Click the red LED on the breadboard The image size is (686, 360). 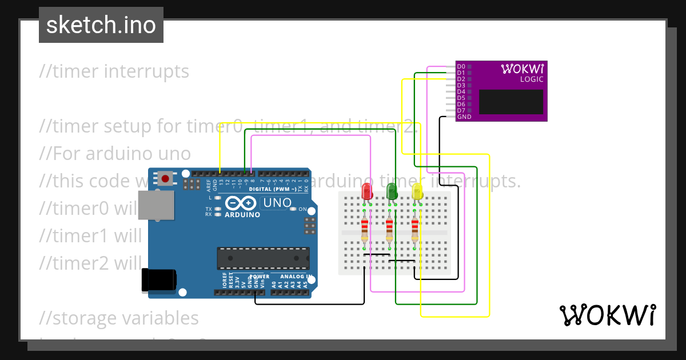point(367,191)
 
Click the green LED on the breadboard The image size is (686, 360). point(392,191)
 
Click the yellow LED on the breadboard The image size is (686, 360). point(417,191)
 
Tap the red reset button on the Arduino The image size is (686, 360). point(166,178)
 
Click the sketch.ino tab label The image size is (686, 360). point(101,25)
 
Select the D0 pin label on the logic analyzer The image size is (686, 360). point(461,67)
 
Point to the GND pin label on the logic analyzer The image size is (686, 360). point(464,117)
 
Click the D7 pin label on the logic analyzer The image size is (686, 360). point(461,110)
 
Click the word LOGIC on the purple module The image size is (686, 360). point(531,79)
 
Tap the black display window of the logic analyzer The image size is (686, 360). point(510,102)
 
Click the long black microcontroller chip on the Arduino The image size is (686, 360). point(263,258)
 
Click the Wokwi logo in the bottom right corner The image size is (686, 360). point(607,315)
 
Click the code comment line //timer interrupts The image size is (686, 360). point(114,71)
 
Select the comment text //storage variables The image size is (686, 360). point(119,318)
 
